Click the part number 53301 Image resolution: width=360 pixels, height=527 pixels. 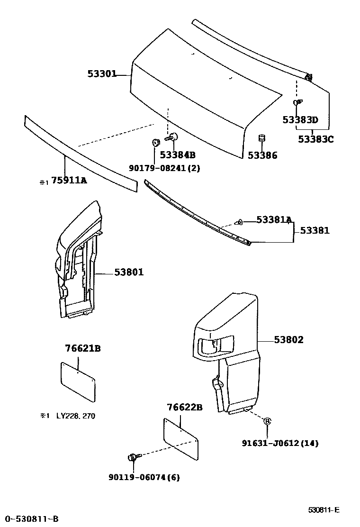101,74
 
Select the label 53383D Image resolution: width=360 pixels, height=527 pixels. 300,120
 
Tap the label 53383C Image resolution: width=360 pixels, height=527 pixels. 316,139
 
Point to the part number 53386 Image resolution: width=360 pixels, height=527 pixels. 262,155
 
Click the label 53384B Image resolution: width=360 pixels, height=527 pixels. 178,155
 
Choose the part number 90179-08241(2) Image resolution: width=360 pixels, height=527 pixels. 164,168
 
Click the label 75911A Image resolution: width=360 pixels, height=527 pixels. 69,180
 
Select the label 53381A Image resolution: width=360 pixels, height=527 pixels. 274,219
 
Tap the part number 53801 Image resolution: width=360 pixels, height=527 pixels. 128,272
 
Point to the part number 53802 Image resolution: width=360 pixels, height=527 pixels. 288,339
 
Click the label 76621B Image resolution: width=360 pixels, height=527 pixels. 82,348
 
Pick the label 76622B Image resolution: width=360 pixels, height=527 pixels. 185,407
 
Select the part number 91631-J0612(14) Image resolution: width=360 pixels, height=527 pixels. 280,444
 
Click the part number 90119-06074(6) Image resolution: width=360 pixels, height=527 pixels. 144,477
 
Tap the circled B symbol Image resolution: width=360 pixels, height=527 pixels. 267,421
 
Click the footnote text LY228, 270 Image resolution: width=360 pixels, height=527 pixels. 76,416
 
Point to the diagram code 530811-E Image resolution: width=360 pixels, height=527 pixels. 324,510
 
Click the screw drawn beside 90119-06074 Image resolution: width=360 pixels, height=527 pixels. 133,457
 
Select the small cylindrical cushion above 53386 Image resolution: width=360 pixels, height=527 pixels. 261,139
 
